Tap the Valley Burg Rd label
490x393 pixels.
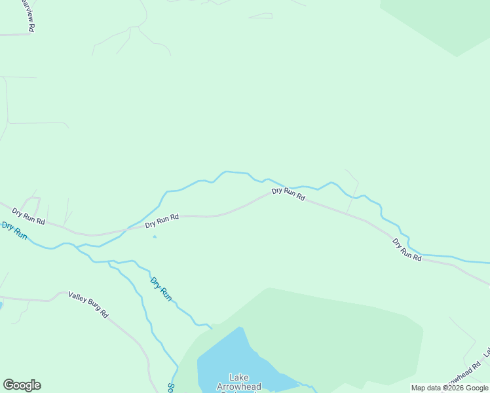pyautogui.click(x=88, y=305)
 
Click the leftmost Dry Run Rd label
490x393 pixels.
pyautogui.click(x=28, y=217)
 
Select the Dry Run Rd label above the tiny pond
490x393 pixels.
pyautogui.click(x=162, y=221)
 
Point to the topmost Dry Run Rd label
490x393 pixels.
pyautogui.click(x=288, y=194)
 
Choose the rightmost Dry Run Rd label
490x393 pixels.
pyautogui.click(x=407, y=250)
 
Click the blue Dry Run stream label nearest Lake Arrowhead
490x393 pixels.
pyautogui.click(x=160, y=289)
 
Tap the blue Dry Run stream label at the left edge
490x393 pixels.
pyautogui.click(x=14, y=231)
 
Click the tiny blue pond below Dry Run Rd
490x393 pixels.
pyautogui.click(x=155, y=236)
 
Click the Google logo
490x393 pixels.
pyautogui.click(x=22, y=385)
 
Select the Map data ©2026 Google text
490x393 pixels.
pyautogui.click(x=449, y=388)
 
